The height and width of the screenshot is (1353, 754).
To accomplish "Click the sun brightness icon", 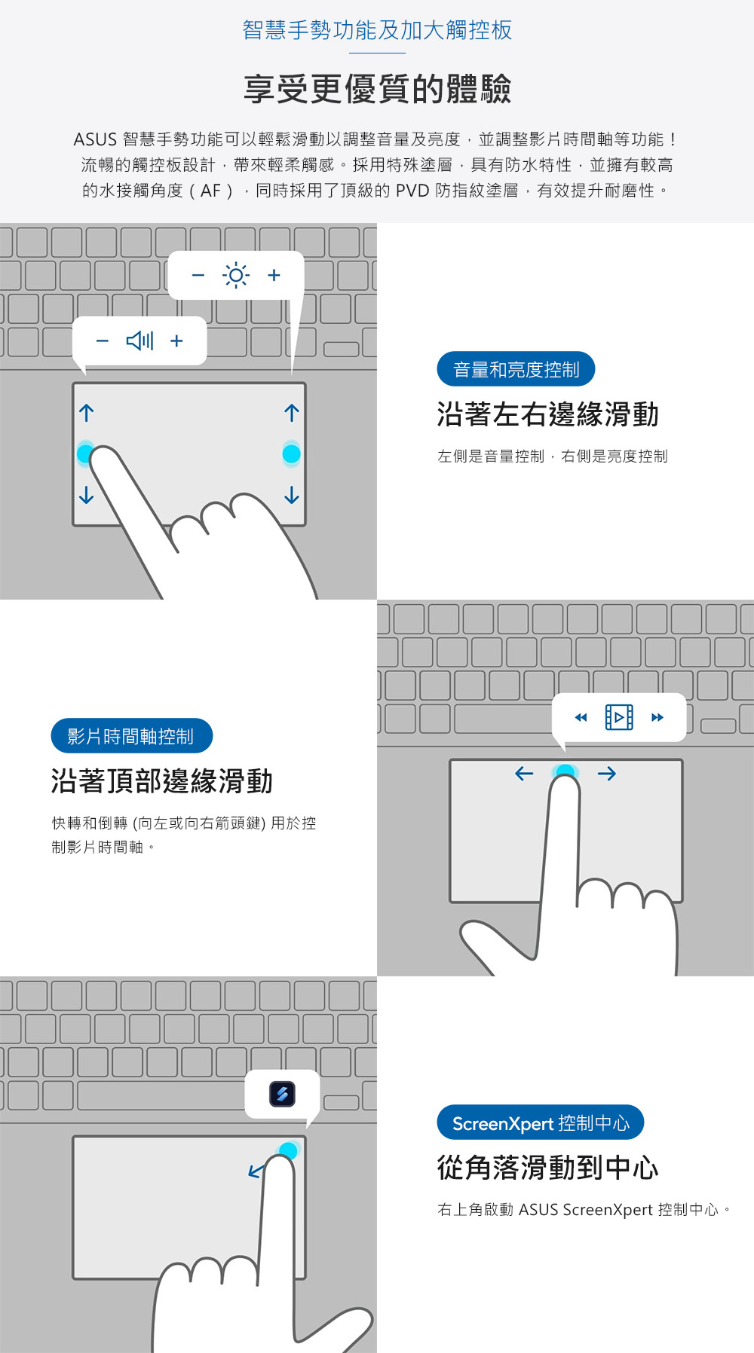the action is (x=236, y=276).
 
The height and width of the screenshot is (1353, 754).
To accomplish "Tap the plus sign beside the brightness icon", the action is (x=274, y=276).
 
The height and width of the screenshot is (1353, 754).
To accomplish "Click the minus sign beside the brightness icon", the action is (x=198, y=276).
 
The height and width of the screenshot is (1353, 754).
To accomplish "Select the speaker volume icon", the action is (x=139, y=341).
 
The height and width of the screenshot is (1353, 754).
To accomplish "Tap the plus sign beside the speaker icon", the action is (x=176, y=341).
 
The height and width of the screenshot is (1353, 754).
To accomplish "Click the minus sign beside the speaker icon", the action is (x=103, y=341).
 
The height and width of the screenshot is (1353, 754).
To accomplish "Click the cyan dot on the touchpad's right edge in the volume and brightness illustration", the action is (x=291, y=454).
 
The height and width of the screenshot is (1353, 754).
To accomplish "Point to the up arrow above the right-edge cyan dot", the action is (x=292, y=413).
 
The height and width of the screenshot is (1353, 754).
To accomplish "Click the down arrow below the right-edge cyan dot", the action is (x=292, y=495).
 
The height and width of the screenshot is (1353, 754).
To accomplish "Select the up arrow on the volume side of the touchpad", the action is (x=87, y=413).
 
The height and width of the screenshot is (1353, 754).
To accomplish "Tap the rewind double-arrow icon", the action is (x=581, y=717).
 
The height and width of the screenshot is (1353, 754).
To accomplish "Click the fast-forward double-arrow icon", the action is (x=657, y=717).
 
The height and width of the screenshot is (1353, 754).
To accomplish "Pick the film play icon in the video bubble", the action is (x=619, y=717).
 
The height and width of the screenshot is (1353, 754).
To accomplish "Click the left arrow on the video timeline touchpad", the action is (x=524, y=774).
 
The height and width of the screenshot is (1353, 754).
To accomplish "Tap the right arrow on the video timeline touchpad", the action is (x=607, y=774).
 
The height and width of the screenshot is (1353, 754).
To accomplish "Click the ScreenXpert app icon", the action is (x=282, y=1094).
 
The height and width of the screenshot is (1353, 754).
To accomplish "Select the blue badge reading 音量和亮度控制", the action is (x=516, y=370).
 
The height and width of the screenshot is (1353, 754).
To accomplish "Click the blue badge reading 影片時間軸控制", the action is (x=132, y=736).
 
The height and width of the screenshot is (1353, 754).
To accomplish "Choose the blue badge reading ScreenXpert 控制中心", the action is (x=541, y=1123).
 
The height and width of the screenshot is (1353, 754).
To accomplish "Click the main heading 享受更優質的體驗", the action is (x=377, y=89).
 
